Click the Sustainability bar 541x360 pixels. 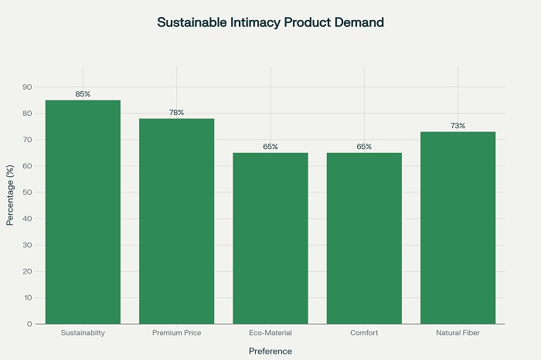pyautogui.click(x=83, y=212)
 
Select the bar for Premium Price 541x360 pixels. pyautogui.click(x=176, y=221)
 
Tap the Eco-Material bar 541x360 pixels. pyautogui.click(x=270, y=238)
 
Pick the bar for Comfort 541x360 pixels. pyautogui.click(x=364, y=238)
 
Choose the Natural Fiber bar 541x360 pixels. pyautogui.click(x=458, y=228)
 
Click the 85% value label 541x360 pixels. pyautogui.click(x=83, y=94)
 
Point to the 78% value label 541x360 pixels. pyautogui.click(x=176, y=113)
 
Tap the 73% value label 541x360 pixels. pyautogui.click(x=458, y=126)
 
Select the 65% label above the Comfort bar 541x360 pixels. pyautogui.click(x=364, y=147)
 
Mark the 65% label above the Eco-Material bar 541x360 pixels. pyautogui.click(x=270, y=147)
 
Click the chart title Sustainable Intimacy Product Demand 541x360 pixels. pyautogui.click(x=270, y=22)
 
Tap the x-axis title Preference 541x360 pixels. pyautogui.click(x=270, y=351)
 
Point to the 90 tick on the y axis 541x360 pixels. pyautogui.click(x=27, y=87)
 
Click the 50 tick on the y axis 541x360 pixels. pyautogui.click(x=27, y=192)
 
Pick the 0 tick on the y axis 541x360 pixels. pyautogui.click(x=29, y=324)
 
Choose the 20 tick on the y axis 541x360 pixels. pyautogui.click(x=27, y=271)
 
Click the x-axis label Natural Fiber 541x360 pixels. pyautogui.click(x=458, y=333)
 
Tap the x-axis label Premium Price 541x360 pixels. pyautogui.click(x=176, y=333)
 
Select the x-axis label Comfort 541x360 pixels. pyautogui.click(x=364, y=333)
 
